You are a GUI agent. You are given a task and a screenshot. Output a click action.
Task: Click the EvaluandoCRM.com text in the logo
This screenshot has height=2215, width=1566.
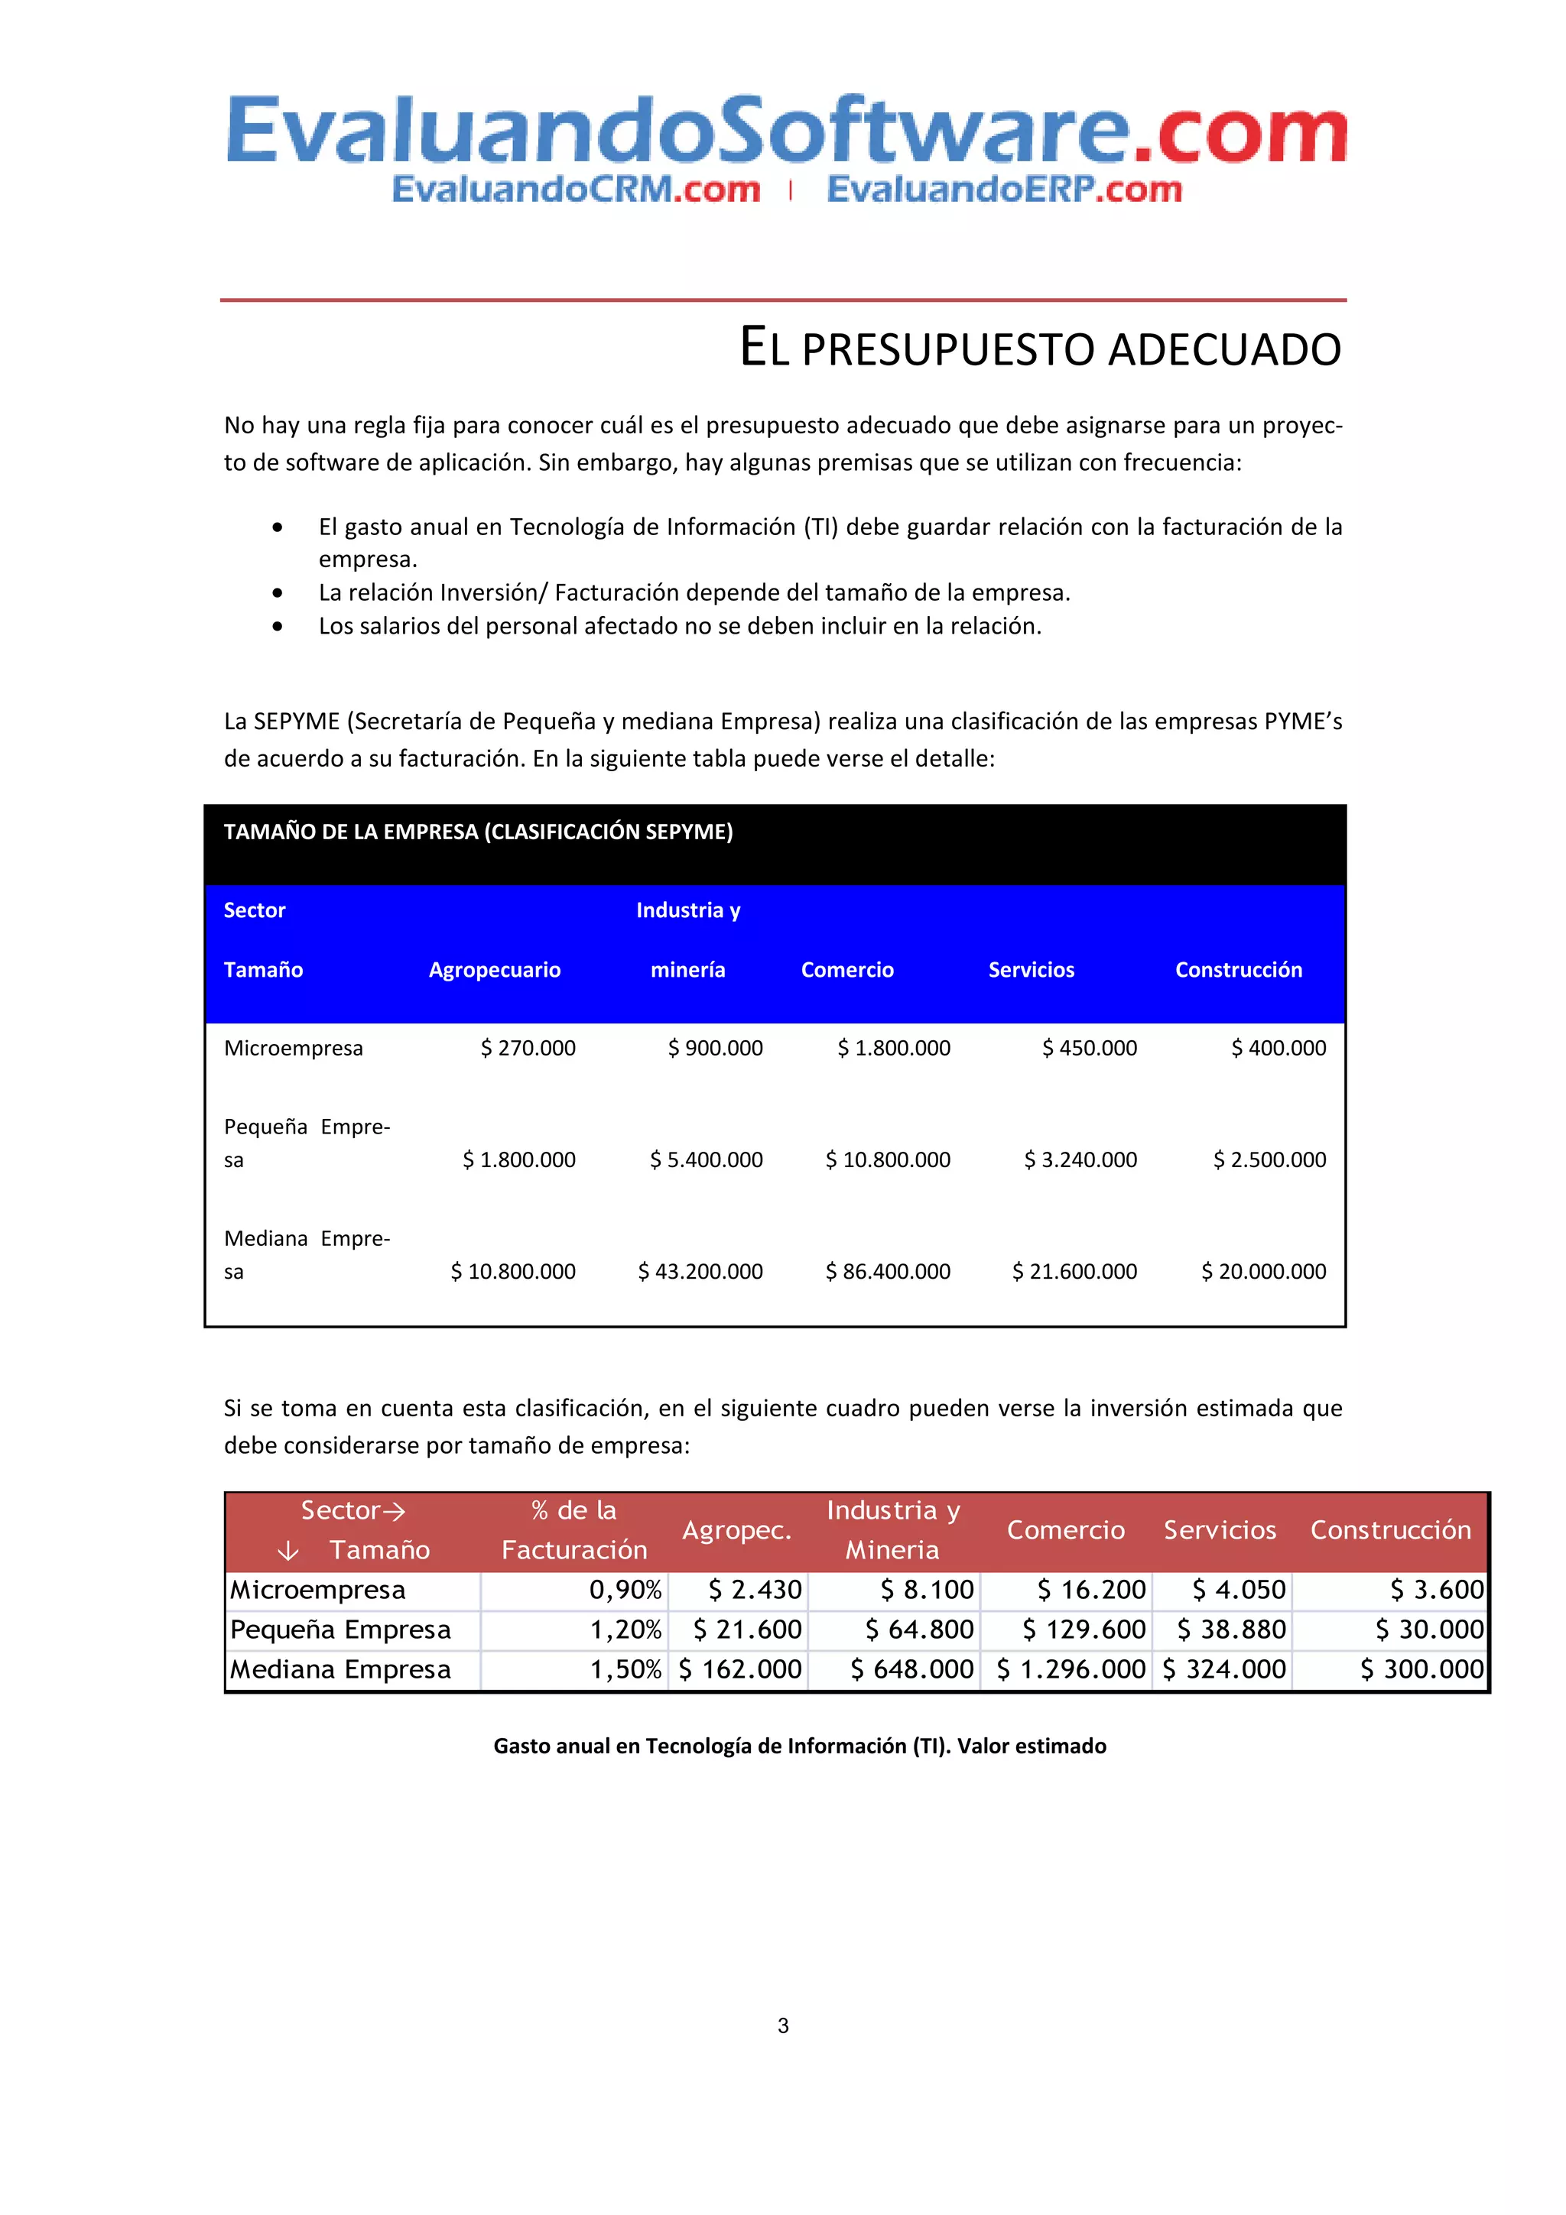576,189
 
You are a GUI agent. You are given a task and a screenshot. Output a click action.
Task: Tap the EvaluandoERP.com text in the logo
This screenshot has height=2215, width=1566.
1003,189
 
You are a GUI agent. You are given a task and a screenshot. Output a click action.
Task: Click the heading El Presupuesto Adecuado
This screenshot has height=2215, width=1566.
1039,349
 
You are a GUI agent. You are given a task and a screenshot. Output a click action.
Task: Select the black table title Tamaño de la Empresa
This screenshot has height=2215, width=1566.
478,832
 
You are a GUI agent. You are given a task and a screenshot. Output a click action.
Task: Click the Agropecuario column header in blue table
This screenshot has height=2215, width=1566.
494,970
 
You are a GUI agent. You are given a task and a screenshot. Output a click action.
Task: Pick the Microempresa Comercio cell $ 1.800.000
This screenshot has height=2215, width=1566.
893,1048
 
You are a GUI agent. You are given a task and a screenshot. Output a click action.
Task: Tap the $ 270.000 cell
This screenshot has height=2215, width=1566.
528,1048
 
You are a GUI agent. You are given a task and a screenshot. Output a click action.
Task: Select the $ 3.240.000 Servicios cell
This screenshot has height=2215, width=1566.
1080,1159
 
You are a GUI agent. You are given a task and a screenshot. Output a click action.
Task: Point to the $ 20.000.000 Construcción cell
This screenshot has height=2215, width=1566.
1263,1272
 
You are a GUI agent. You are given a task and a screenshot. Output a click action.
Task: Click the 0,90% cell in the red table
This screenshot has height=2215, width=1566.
625,1590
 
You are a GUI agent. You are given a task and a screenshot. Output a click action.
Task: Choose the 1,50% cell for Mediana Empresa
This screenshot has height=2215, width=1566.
625,1669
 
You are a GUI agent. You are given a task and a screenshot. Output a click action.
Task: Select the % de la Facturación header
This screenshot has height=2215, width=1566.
574,1530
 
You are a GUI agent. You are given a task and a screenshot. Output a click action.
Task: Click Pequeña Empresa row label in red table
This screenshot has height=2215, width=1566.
340,1630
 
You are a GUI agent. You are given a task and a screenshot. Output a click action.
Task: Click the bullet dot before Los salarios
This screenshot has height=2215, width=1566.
278,627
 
